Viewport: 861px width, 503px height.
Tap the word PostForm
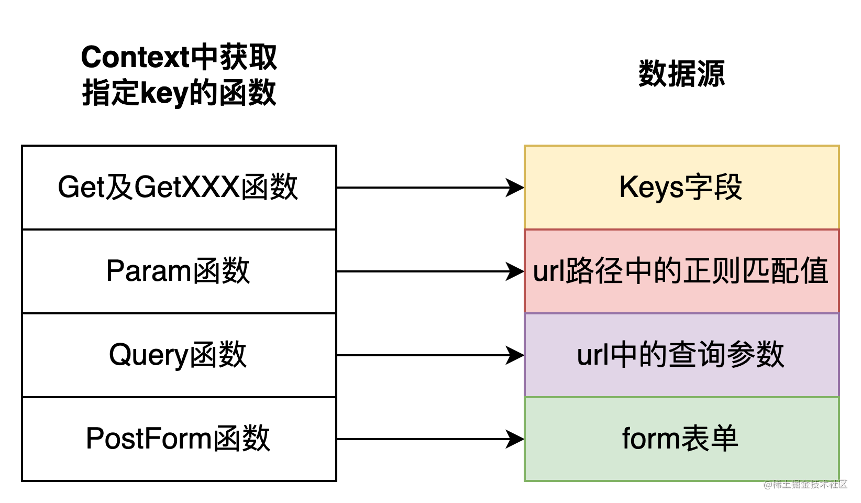[x=148, y=439]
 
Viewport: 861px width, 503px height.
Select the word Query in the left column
[x=148, y=355]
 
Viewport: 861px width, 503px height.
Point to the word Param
[x=148, y=271]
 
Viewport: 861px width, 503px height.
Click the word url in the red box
[x=548, y=271]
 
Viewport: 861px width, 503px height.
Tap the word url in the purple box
[x=592, y=355]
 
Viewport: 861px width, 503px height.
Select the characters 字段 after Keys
[x=713, y=188]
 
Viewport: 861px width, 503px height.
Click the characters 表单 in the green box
[x=709, y=439]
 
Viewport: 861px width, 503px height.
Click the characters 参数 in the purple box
[x=755, y=355]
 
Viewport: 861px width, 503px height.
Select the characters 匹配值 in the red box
[x=785, y=271]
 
